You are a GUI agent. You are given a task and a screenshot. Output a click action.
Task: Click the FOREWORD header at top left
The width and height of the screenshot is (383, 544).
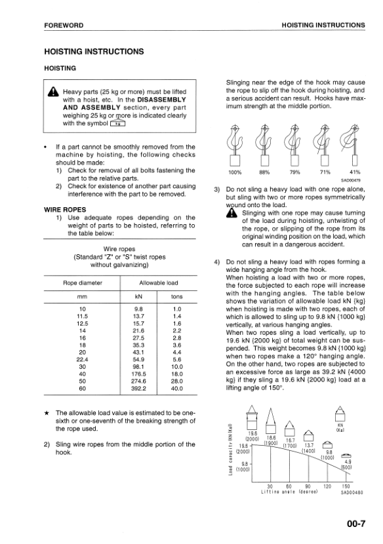pyautogui.click(x=64, y=25)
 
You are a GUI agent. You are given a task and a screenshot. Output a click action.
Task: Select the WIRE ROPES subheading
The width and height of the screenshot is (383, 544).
pyautogui.click(x=64, y=210)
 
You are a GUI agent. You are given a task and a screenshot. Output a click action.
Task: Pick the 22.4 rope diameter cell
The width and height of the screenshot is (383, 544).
pyautogui.click(x=83, y=359)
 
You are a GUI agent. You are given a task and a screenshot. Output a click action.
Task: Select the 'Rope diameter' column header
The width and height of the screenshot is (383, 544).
pyautogui.click(x=82, y=282)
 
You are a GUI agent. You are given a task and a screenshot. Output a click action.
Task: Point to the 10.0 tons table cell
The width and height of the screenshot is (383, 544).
pyautogui.click(x=176, y=366)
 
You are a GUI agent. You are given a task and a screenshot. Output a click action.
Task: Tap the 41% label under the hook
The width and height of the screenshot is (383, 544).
pyautogui.click(x=354, y=173)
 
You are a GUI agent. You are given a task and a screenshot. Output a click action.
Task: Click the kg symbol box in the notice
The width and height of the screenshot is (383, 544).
pyautogui.click(x=118, y=123)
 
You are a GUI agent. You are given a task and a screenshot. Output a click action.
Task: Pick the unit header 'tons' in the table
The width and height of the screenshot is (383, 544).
pyautogui.click(x=176, y=298)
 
